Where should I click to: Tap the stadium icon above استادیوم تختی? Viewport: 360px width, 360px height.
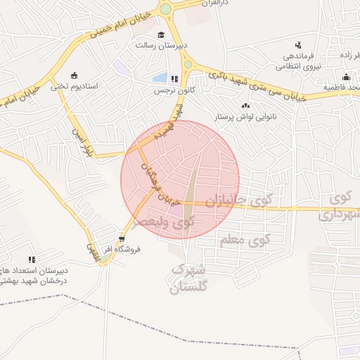(x=74, y=75)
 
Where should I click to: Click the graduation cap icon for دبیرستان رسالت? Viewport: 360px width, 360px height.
(x=161, y=34)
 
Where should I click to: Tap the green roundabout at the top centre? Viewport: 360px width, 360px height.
(x=166, y=9)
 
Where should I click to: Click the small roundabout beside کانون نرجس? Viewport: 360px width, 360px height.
(x=188, y=65)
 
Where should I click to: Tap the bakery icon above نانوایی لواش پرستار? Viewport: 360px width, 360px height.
(x=245, y=105)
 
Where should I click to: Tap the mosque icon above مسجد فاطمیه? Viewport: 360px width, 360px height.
(x=345, y=77)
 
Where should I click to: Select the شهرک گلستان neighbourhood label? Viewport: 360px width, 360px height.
(x=190, y=278)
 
